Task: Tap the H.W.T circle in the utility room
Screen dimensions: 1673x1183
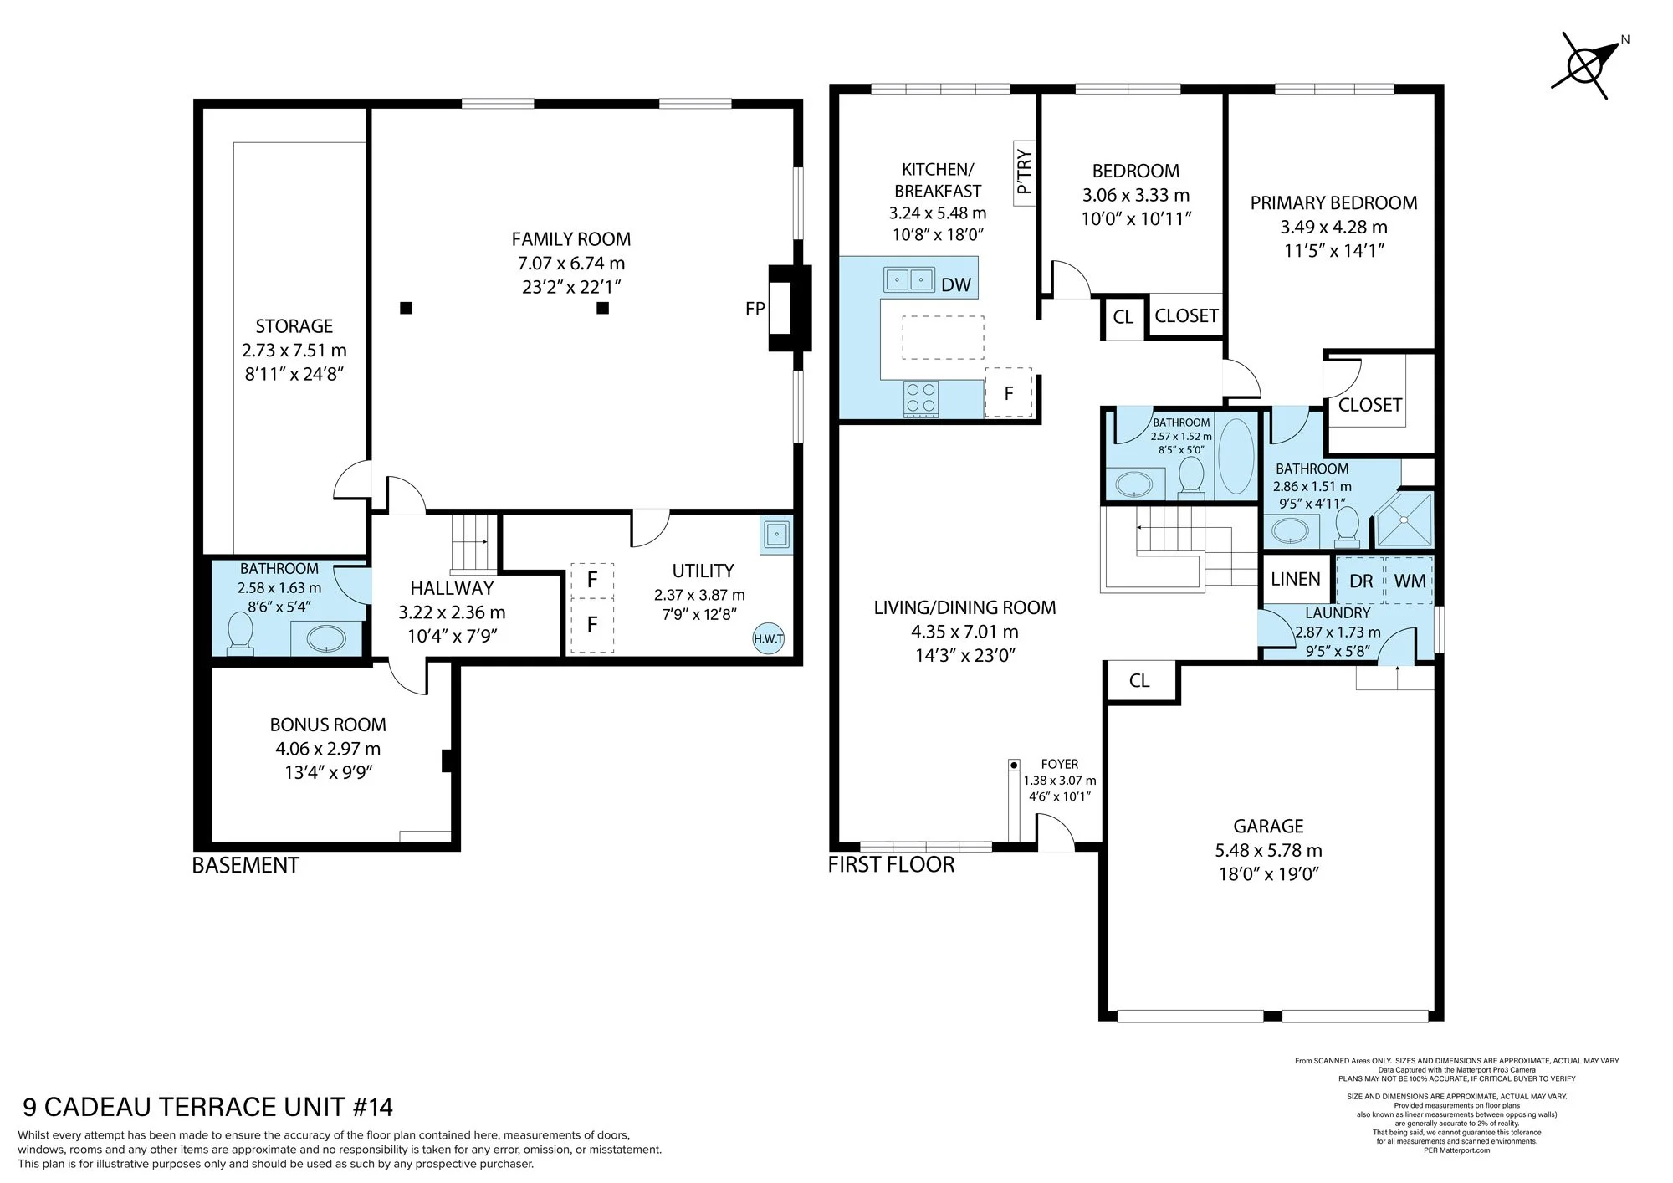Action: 768,638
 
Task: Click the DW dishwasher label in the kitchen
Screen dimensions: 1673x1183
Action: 955,284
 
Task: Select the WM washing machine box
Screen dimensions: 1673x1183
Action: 1410,580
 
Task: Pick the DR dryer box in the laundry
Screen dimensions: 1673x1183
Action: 1361,580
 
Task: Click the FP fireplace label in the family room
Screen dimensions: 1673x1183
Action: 755,309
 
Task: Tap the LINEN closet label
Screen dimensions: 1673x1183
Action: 1295,579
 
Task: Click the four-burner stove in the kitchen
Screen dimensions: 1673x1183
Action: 921,397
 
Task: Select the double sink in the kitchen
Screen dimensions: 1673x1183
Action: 908,279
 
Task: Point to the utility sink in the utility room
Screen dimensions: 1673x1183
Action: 775,535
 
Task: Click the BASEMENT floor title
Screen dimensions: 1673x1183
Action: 246,865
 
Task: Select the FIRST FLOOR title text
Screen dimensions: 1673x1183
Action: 891,864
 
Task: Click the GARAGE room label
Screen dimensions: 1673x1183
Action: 1268,826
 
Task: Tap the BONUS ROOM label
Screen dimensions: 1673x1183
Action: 328,725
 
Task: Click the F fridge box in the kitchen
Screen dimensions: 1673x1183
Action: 1008,392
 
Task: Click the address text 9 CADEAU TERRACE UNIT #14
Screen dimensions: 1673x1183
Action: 207,1108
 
